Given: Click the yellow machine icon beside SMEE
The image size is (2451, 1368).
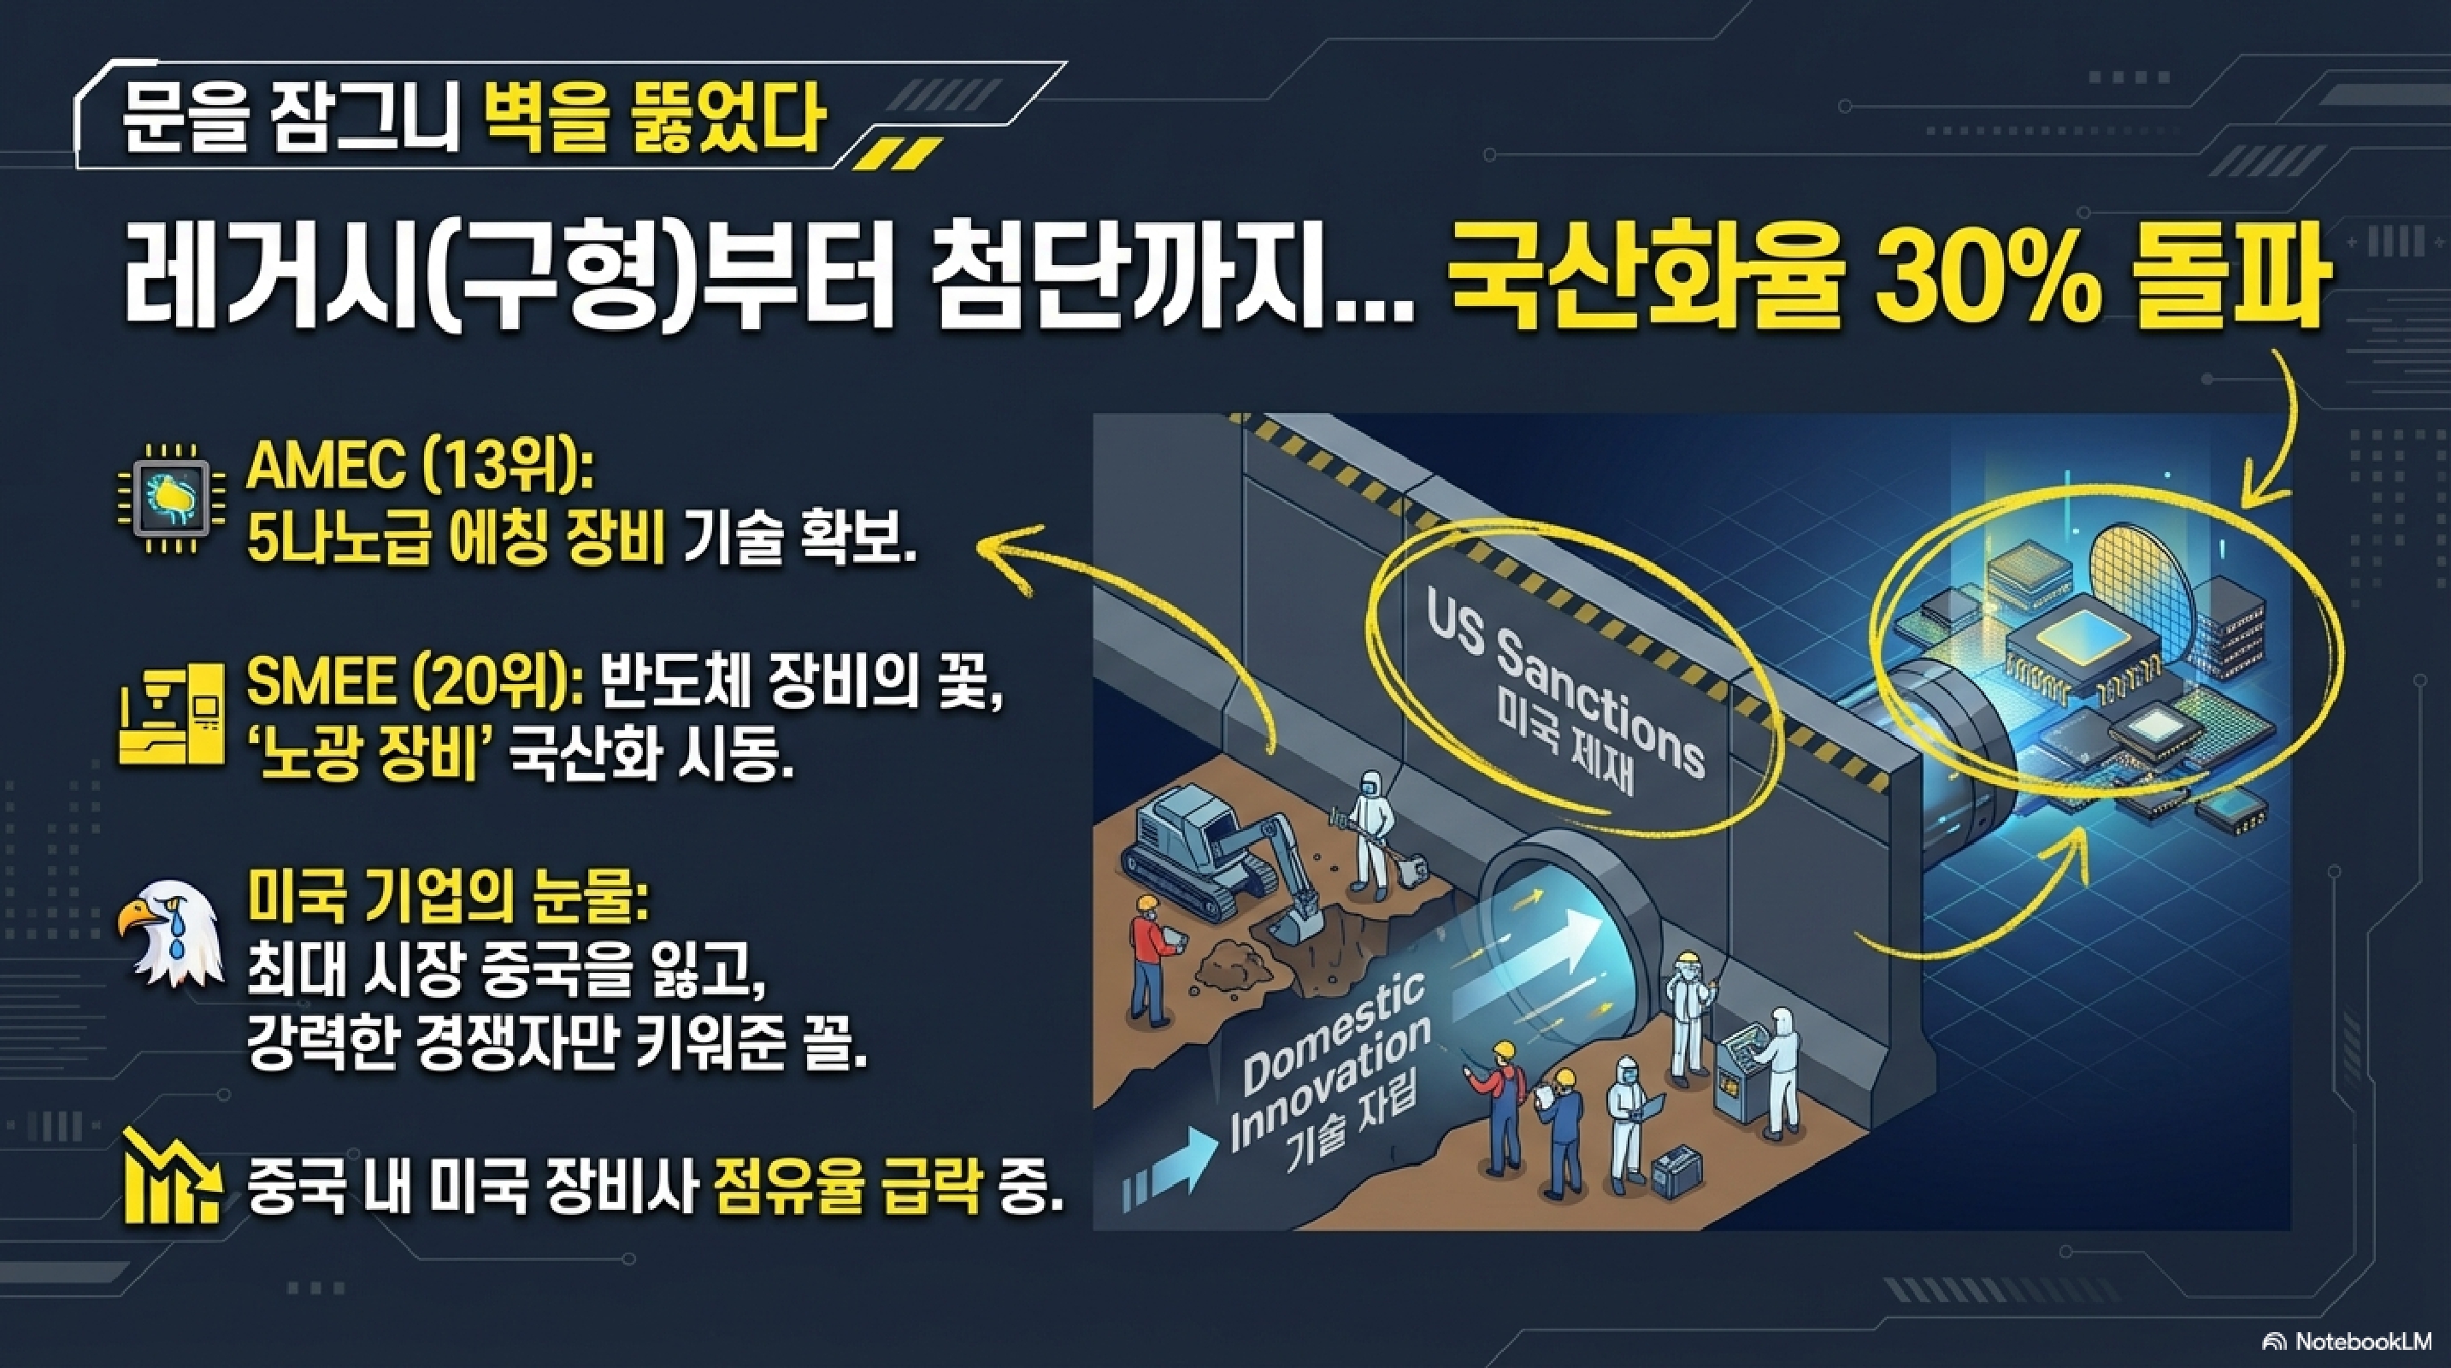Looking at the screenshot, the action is [x=172, y=716].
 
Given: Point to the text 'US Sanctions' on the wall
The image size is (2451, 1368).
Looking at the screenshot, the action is [x=1561, y=699].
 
